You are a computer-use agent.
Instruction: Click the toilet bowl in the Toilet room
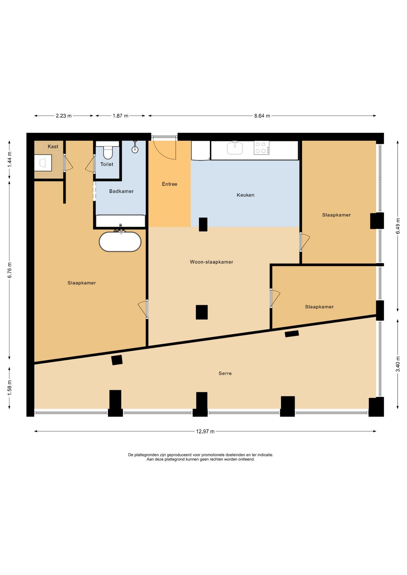point(108,152)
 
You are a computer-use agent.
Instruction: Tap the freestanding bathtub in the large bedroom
point(120,241)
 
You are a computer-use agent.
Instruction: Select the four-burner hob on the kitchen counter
point(261,148)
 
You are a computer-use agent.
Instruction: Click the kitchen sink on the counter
point(235,148)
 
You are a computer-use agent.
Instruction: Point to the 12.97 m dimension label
point(205,432)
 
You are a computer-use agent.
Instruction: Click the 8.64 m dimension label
point(262,116)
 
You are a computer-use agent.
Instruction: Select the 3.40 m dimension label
point(398,364)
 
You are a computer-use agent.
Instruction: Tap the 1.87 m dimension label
point(120,116)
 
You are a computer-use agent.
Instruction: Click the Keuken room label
point(245,195)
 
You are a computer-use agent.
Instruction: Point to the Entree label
point(170,184)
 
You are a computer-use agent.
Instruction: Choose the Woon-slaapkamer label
point(212,262)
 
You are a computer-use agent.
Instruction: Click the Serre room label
point(225,373)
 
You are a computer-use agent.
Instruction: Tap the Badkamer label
point(121,191)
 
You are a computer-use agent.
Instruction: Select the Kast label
point(53,146)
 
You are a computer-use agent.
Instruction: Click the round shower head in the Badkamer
point(135,150)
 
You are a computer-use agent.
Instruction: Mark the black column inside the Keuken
point(203,224)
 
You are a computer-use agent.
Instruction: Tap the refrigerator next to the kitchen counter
point(201,150)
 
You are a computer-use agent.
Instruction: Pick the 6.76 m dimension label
point(10,270)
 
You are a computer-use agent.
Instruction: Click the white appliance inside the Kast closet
point(43,163)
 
